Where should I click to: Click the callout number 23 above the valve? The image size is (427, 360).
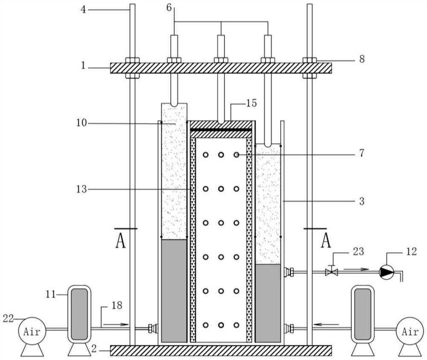click(358, 252)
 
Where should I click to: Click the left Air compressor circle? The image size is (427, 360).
click(31, 331)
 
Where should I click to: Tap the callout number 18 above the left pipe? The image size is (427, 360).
click(117, 305)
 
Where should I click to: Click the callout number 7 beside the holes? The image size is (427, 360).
click(361, 154)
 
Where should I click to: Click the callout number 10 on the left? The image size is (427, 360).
click(82, 123)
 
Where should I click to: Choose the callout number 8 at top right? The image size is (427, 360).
click(362, 59)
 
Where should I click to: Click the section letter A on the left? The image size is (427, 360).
click(121, 241)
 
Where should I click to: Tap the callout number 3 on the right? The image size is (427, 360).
click(361, 201)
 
